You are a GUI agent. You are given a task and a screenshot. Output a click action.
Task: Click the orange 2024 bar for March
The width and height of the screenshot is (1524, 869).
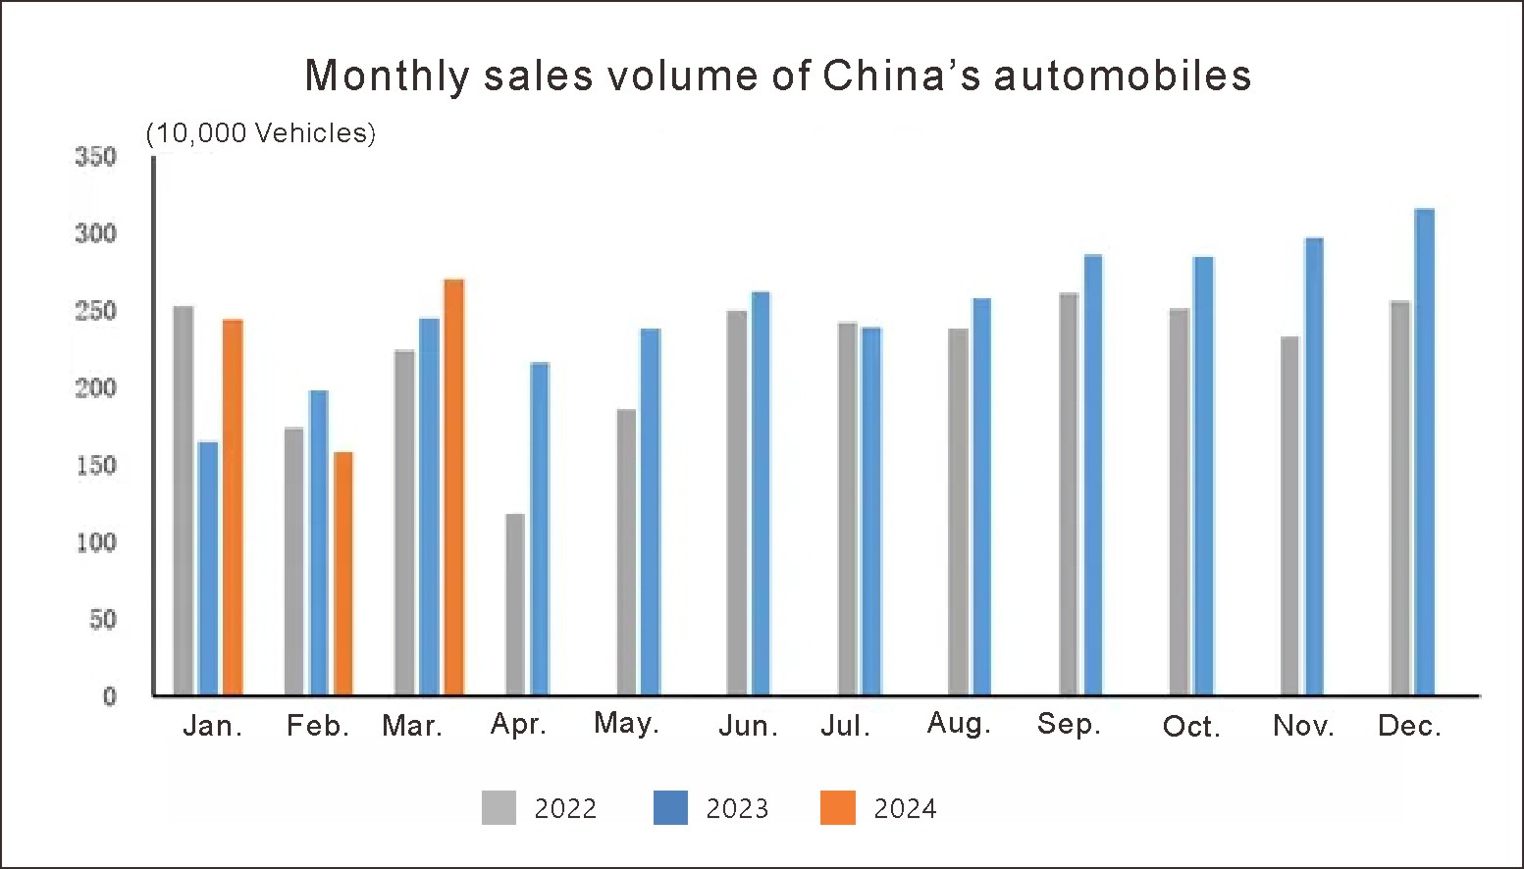pos(453,487)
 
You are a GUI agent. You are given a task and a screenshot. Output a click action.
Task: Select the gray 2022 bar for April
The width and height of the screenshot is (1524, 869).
pos(515,604)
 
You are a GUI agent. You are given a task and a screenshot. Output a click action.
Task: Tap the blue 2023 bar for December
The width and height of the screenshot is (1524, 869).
pos(1425,452)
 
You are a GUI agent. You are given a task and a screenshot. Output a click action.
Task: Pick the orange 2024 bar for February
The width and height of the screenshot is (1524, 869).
pos(343,574)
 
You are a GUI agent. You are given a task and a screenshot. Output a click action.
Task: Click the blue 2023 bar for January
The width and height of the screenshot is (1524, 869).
pos(208,569)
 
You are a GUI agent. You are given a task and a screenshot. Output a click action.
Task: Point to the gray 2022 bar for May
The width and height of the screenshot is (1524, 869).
pos(626,552)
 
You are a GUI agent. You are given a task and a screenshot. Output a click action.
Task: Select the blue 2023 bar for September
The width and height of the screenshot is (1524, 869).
pos(1093,475)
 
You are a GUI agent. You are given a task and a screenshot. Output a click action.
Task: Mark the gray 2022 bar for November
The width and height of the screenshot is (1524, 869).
pos(1289,516)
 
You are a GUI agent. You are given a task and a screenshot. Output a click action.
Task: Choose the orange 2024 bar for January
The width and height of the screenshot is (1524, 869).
pos(233,507)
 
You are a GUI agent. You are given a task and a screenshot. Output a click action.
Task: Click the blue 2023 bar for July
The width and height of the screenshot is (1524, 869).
pos(871,511)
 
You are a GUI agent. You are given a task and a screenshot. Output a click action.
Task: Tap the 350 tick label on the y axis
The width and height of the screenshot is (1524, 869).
pos(96,157)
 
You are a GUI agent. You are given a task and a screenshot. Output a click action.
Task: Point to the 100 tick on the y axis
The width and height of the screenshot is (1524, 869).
pos(96,542)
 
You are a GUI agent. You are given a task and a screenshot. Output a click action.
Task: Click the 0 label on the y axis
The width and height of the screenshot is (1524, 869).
pos(110,696)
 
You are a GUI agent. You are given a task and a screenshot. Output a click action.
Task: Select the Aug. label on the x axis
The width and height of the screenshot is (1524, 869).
pos(959,724)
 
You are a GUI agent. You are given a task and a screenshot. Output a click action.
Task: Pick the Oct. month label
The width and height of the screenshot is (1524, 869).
pos(1191,727)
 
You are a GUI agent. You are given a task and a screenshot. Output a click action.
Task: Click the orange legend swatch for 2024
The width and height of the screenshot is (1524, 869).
pos(838,807)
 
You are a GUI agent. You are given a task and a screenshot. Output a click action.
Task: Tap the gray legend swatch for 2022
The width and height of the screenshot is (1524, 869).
pos(499,807)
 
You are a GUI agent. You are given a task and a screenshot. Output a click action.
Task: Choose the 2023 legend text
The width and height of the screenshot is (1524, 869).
pos(737,808)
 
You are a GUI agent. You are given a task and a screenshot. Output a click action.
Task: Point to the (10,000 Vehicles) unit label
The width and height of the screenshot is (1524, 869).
pos(261,133)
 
